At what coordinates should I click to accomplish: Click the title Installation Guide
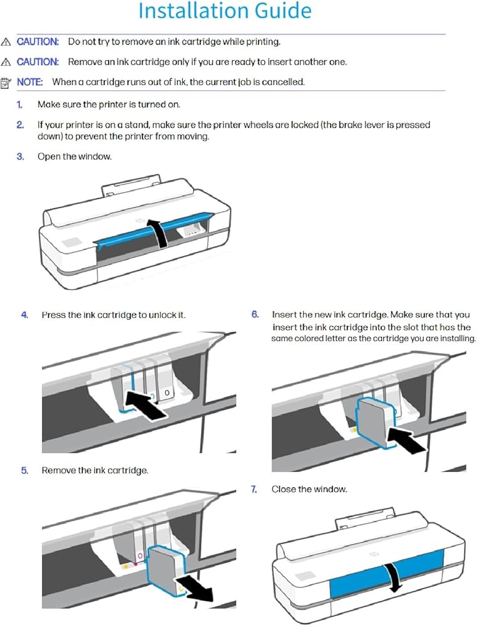click(224, 11)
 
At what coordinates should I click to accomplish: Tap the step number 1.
click(20, 105)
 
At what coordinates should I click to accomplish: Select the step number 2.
click(20, 125)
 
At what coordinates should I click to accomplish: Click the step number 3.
click(20, 156)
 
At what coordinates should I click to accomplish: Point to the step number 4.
click(24, 315)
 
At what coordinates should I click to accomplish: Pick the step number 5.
click(24, 470)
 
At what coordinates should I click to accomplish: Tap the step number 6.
click(255, 314)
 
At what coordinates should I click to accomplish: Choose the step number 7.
click(255, 489)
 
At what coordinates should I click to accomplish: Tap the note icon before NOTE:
click(6, 82)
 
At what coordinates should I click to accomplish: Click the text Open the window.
click(74, 156)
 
